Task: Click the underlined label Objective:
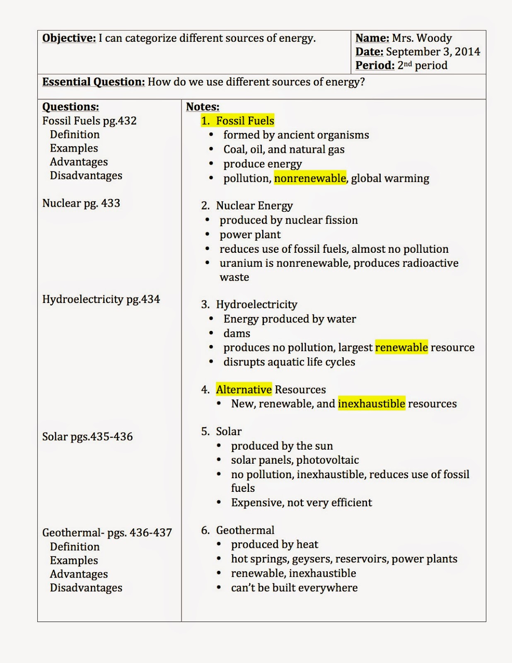click(x=69, y=38)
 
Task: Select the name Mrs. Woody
click(x=422, y=38)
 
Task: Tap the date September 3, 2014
click(x=432, y=52)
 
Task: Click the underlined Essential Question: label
click(x=93, y=82)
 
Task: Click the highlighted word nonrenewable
click(x=310, y=178)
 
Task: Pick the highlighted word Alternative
click(x=244, y=390)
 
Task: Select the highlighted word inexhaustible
click(x=371, y=404)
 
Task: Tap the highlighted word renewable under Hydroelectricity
click(x=401, y=347)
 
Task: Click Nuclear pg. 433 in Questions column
click(x=81, y=203)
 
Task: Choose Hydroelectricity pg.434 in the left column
click(x=101, y=299)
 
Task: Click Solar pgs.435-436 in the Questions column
click(x=87, y=437)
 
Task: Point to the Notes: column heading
click(x=203, y=107)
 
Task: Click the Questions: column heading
click(x=70, y=107)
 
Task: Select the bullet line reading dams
click(x=237, y=333)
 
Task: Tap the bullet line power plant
click(x=250, y=235)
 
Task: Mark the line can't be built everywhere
click(x=294, y=588)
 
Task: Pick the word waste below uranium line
click(x=234, y=277)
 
